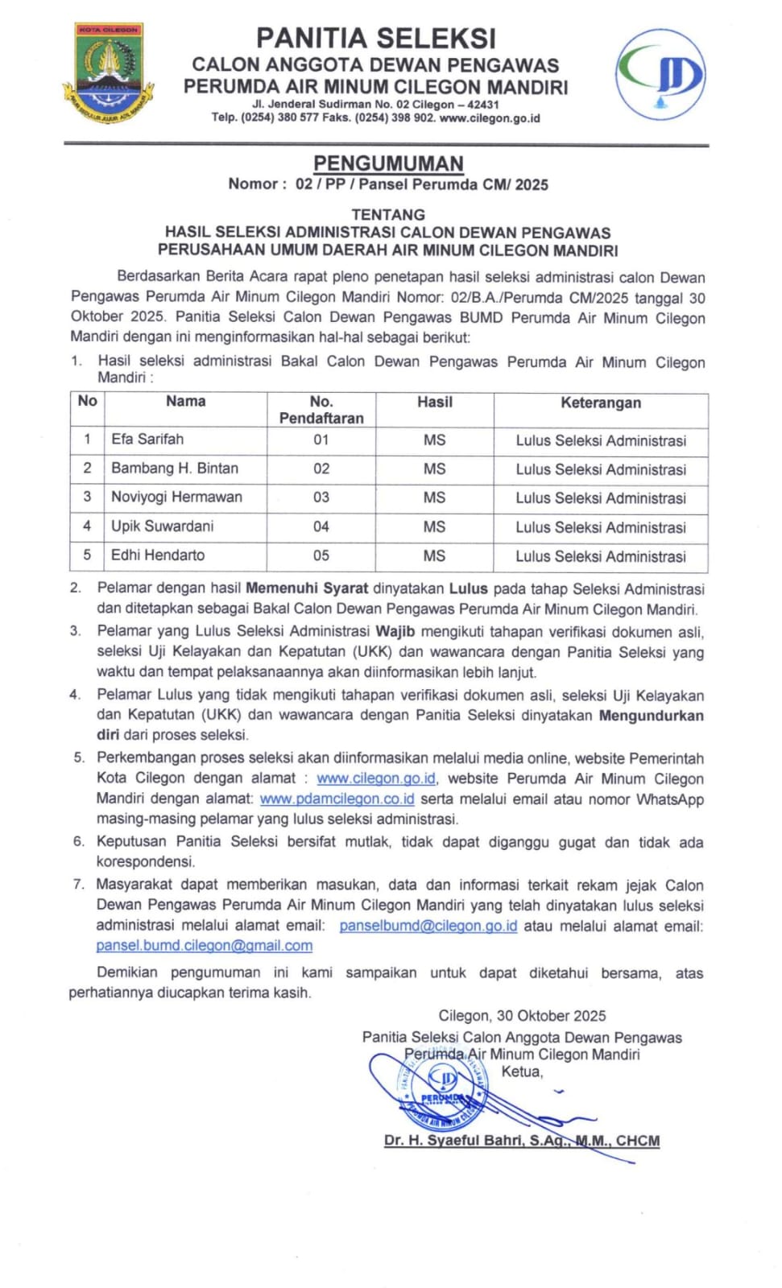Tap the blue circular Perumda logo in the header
click(661, 74)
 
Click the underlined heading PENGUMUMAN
click(388, 163)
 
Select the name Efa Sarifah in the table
click(147, 440)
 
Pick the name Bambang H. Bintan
click(175, 469)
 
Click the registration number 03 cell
click(321, 497)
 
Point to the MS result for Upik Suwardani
click(434, 526)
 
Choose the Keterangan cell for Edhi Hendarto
click(601, 556)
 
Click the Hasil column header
click(434, 402)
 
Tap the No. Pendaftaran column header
click(321, 410)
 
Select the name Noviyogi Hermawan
click(176, 497)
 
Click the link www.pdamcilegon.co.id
click(337, 799)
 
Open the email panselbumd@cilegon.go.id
click(428, 926)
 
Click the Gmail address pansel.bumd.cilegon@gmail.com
click(204, 946)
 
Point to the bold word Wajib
click(395, 631)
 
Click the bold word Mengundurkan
click(651, 716)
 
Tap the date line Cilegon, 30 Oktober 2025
click(522, 1016)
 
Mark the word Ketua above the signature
click(522, 1071)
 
